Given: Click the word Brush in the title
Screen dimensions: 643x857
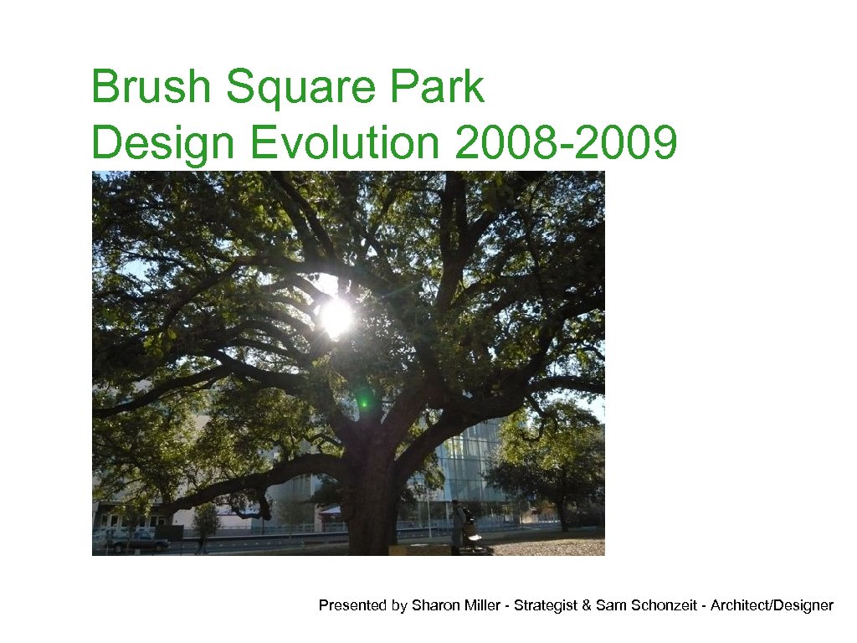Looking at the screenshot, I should click(x=151, y=88).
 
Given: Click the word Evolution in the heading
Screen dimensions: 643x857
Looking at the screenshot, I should click(x=343, y=142).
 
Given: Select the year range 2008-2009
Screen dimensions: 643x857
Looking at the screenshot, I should click(x=565, y=142).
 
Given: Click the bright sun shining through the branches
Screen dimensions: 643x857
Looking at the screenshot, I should click(x=336, y=316).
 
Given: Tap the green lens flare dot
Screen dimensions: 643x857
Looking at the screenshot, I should click(x=363, y=403).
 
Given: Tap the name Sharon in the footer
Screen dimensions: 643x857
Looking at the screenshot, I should click(x=434, y=605).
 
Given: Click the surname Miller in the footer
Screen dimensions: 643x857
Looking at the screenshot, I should click(x=481, y=605).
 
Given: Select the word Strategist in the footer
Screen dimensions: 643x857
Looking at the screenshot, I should click(x=545, y=605).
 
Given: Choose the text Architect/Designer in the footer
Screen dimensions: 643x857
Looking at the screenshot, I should click(x=772, y=605).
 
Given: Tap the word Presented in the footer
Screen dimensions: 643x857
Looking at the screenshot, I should click(x=352, y=605).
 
